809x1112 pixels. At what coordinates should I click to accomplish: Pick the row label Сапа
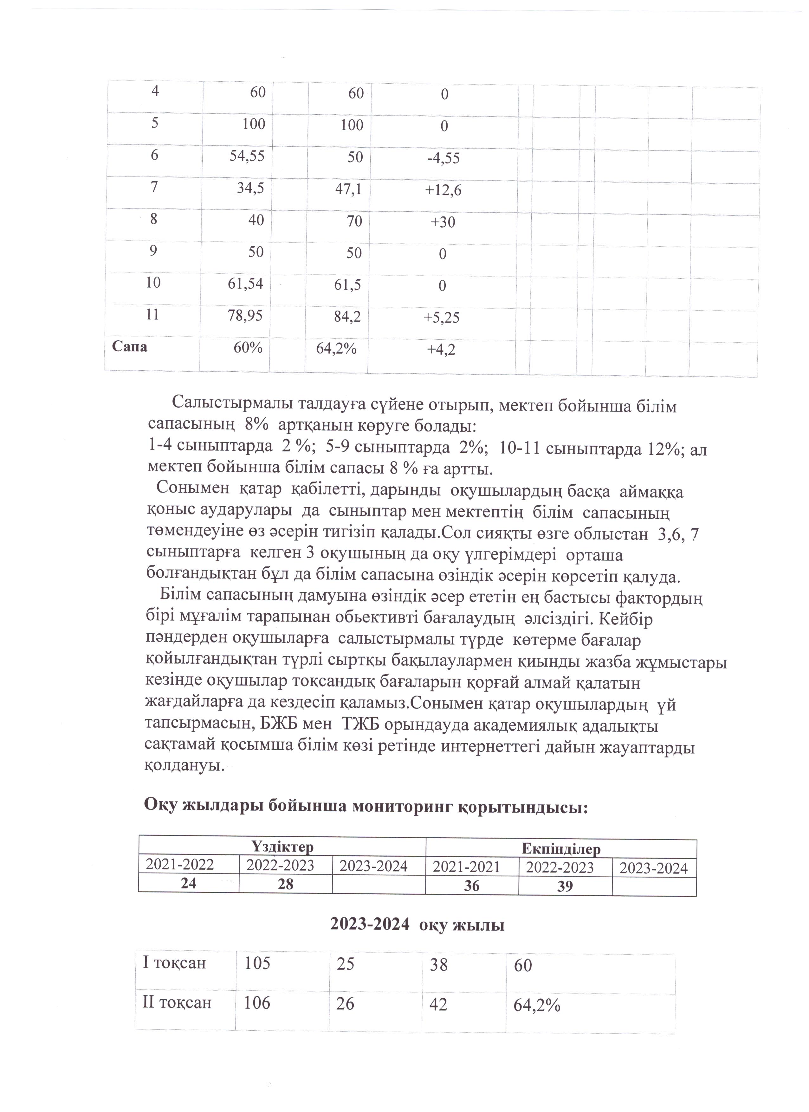click(130, 347)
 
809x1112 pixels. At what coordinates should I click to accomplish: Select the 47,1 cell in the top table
click(349, 189)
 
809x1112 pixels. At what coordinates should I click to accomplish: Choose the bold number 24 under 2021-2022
click(188, 883)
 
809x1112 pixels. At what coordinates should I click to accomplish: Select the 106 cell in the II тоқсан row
click(257, 1003)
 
